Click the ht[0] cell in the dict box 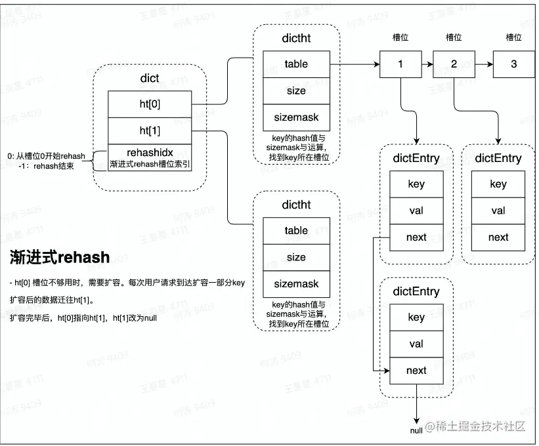pyautogui.click(x=150, y=104)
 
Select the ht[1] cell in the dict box pyautogui.click(x=150, y=131)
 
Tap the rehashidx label pyautogui.click(x=150, y=152)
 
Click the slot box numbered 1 pyautogui.click(x=400, y=64)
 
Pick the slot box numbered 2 pyautogui.click(x=454, y=64)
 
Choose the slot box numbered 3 pyautogui.click(x=513, y=64)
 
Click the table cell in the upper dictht pyautogui.click(x=296, y=64)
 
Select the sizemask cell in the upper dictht pyautogui.click(x=296, y=117)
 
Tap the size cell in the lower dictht pyautogui.click(x=296, y=257)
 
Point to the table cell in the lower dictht pyautogui.click(x=296, y=231)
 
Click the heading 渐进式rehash pyautogui.click(x=60, y=257)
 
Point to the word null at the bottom pyautogui.click(x=416, y=430)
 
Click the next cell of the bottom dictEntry pyautogui.click(x=416, y=371)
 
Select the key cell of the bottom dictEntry pyautogui.click(x=416, y=317)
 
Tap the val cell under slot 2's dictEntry pyautogui.click(x=498, y=211)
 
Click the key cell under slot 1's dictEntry pyautogui.click(x=416, y=184)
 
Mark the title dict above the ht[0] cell pyautogui.click(x=150, y=78)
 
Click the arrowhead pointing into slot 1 pyautogui.click(x=377, y=64)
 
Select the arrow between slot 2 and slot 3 pyautogui.click(x=483, y=64)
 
